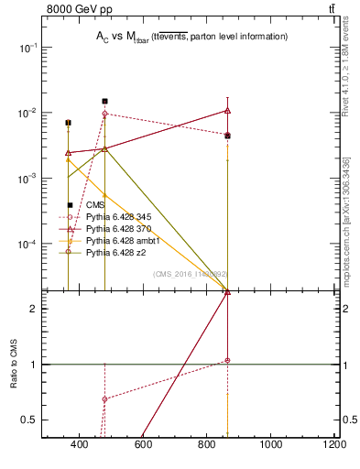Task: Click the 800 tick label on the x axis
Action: point(207,446)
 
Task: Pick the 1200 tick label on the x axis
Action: point(334,446)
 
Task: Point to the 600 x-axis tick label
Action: point(143,446)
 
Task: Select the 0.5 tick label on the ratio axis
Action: point(27,420)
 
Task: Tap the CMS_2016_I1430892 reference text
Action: point(190,274)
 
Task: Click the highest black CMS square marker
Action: point(105,102)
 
